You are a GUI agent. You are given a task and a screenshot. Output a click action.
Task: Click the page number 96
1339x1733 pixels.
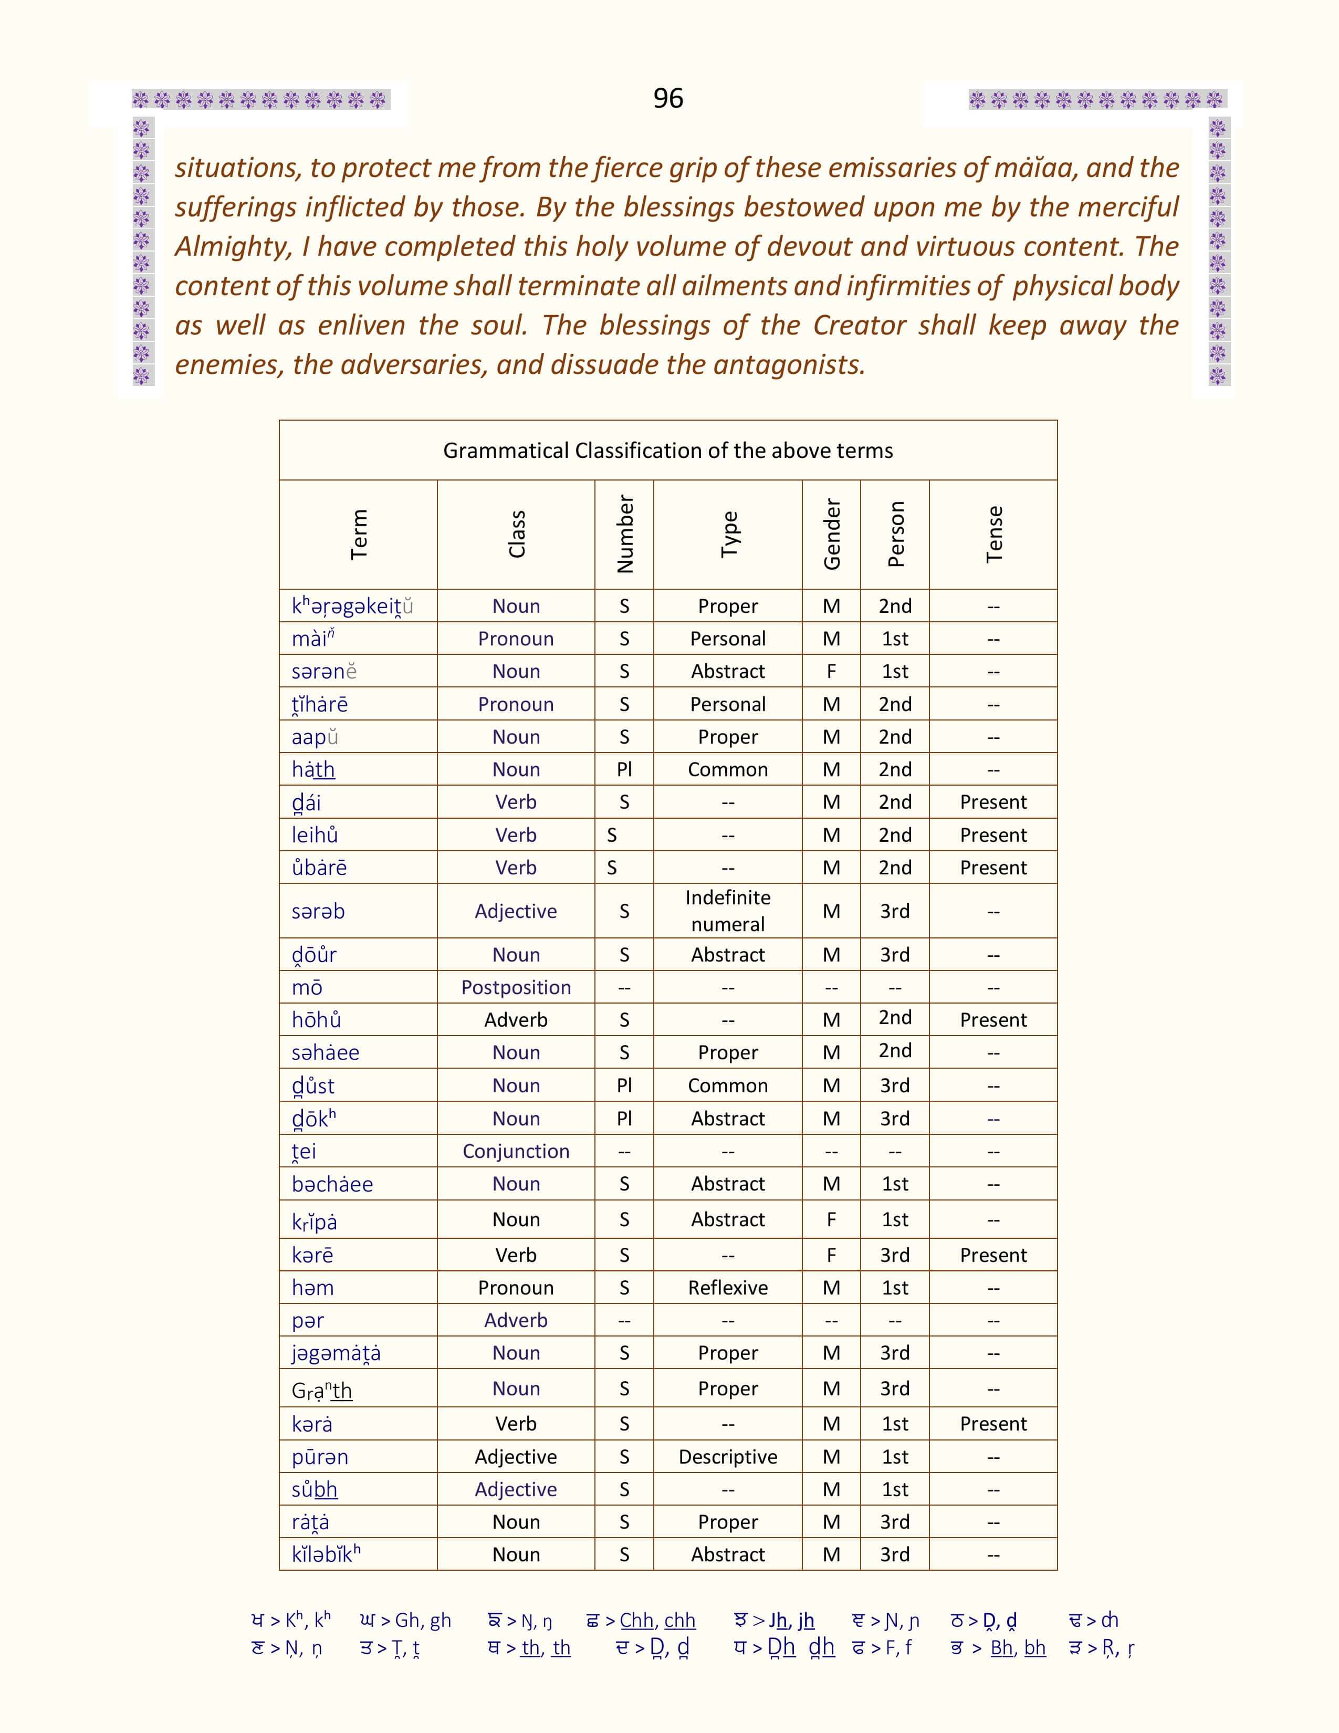click(668, 98)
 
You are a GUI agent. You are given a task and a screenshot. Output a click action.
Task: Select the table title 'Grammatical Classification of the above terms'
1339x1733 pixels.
click(668, 451)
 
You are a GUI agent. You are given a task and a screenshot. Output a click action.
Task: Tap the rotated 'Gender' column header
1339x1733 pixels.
click(831, 534)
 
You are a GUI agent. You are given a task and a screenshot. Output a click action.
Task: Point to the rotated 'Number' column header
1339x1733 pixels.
click(625, 534)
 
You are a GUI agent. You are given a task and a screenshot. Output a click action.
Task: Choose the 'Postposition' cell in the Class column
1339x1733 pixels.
click(516, 987)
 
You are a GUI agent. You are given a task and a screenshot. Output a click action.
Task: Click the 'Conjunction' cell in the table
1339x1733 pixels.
click(516, 1151)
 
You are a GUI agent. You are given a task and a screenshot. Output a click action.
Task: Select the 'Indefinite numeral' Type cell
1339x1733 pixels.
click(727, 911)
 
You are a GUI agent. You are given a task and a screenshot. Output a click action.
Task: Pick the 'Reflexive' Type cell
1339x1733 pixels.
click(727, 1287)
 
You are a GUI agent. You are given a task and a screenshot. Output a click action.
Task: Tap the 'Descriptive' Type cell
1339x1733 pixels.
click(727, 1457)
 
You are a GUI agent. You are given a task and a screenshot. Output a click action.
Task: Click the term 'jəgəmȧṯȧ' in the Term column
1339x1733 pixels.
click(336, 1353)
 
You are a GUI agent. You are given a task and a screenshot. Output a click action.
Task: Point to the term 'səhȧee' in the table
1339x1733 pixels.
click(325, 1053)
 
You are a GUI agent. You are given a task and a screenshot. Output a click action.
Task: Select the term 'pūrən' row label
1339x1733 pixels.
click(320, 1457)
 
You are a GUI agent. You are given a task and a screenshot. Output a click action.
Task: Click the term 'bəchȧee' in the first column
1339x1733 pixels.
click(331, 1184)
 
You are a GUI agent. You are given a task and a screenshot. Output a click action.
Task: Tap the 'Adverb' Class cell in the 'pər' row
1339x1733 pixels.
click(516, 1320)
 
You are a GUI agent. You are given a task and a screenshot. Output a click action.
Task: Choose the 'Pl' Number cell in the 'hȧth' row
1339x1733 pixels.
click(624, 770)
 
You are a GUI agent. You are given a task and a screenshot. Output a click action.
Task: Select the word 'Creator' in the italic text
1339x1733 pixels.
click(860, 326)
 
